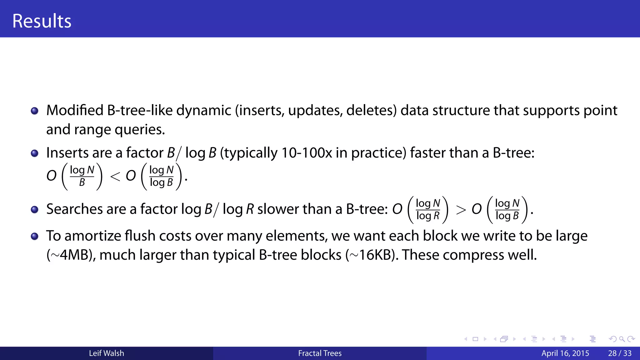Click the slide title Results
click(42, 21)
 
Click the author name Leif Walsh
click(106, 353)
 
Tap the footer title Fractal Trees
click(320, 353)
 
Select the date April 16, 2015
click(565, 353)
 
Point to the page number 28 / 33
click(620, 353)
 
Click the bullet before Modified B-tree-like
click(35, 111)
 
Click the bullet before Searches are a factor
click(35, 209)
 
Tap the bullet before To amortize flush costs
click(35, 236)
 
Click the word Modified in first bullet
click(75, 110)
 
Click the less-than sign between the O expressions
click(115, 177)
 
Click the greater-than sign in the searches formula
click(461, 210)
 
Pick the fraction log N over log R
click(428, 209)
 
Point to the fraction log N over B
click(82, 176)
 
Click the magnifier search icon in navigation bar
click(622, 339)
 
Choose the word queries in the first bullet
click(139, 129)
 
